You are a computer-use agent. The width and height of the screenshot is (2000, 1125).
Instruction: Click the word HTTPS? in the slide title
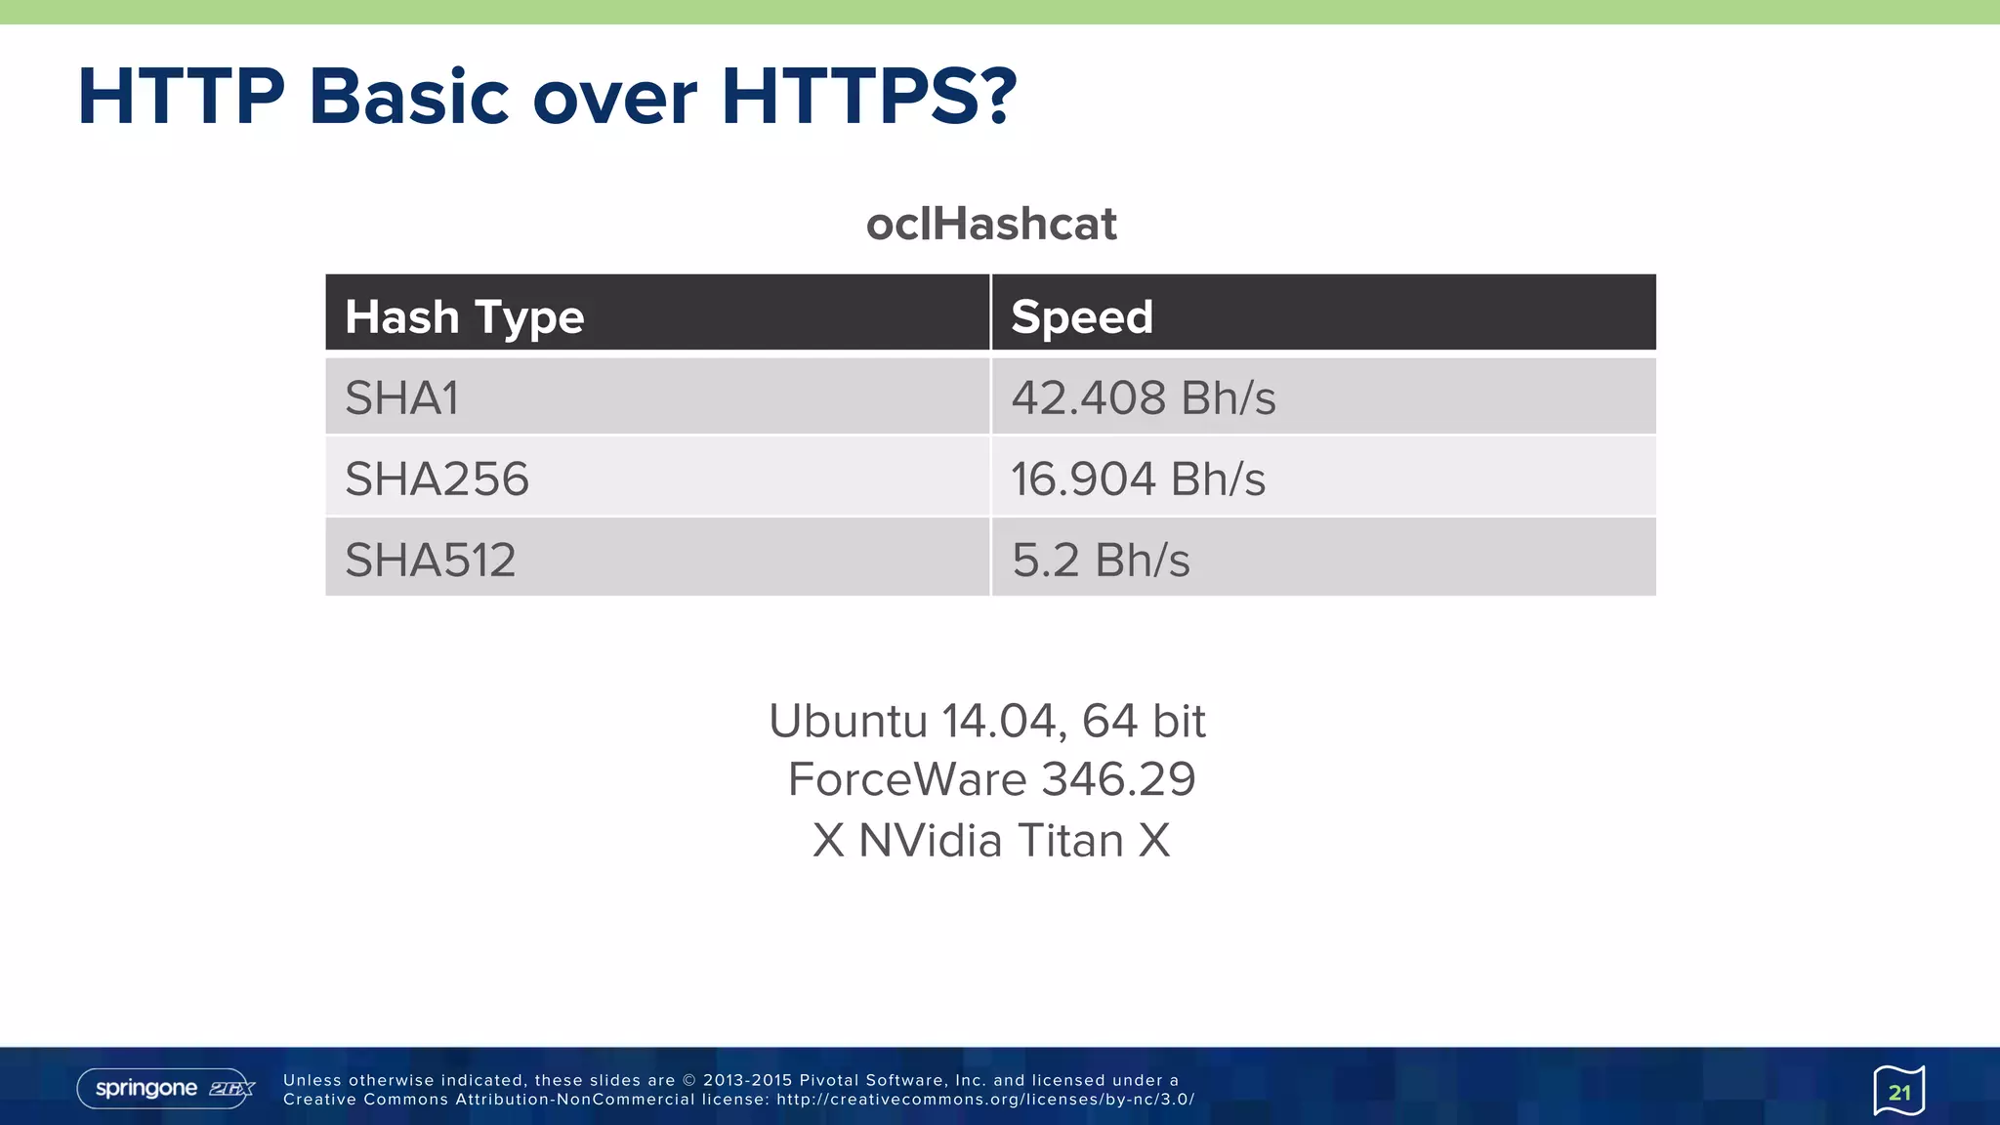[868, 97]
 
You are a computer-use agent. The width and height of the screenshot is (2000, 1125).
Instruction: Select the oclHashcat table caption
[990, 224]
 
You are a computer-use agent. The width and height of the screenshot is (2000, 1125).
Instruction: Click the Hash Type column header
[464, 317]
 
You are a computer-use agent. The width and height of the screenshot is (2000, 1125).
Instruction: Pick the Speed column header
[1082, 317]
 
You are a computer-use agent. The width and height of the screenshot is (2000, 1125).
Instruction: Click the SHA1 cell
[401, 397]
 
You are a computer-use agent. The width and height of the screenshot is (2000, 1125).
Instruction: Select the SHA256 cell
[437, 479]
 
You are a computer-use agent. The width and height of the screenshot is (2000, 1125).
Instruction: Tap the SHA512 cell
[430, 560]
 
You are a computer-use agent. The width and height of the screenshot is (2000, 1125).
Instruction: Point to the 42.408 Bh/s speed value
[1143, 397]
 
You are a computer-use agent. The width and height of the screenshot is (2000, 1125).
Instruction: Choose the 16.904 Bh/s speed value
[1138, 479]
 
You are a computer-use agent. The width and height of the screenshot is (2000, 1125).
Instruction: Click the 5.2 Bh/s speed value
[1101, 560]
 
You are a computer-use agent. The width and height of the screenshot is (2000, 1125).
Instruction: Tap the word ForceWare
[907, 779]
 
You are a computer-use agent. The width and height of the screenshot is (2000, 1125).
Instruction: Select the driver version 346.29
[1118, 779]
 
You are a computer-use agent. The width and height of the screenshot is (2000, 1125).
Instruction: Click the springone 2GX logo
[165, 1089]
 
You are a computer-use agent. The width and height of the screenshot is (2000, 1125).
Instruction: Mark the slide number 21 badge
[1898, 1091]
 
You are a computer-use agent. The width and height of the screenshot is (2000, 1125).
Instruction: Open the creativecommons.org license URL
[985, 1100]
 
